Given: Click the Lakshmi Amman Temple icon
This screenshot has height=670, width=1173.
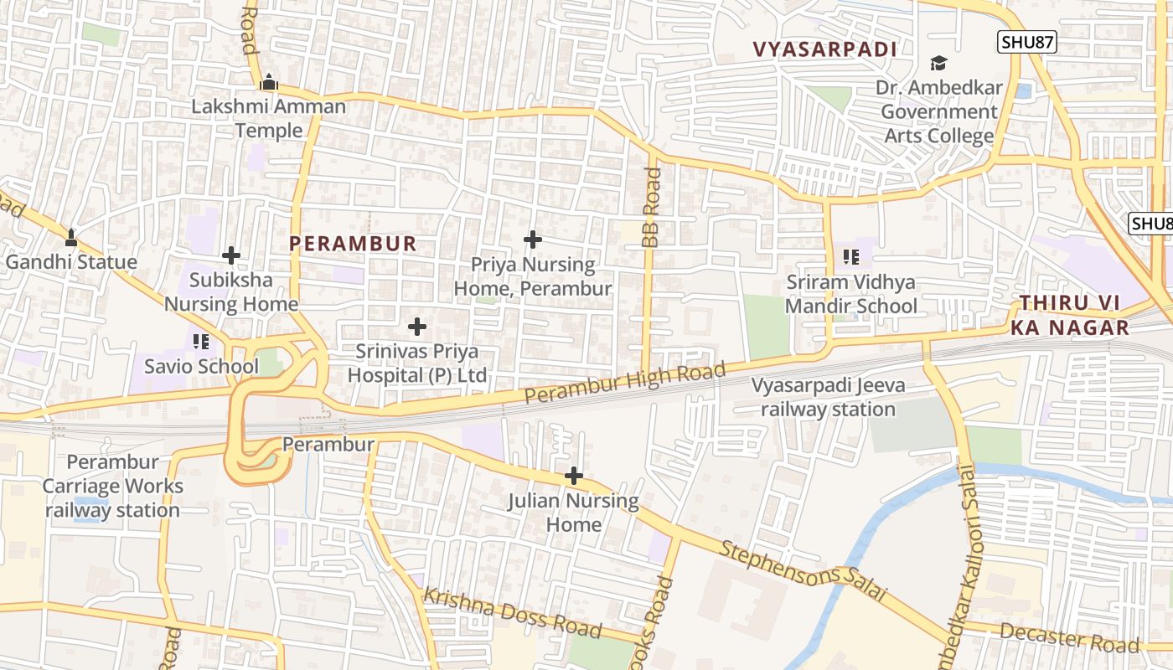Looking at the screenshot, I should tap(269, 82).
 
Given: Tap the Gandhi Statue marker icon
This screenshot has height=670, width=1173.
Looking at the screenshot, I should tap(71, 238).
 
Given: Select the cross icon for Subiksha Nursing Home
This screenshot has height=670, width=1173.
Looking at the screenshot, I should tap(231, 255).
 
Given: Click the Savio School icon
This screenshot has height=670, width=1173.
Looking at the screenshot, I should tap(200, 342).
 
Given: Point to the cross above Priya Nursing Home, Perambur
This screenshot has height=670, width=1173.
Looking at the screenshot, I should tap(532, 240).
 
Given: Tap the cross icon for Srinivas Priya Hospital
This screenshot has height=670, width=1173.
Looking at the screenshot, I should tap(416, 327).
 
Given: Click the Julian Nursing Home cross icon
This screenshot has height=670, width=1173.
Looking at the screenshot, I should tap(573, 477).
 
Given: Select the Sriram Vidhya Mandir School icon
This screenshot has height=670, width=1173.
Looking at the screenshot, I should tap(851, 257).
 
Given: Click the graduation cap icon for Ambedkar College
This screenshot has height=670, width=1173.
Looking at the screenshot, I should tap(938, 64).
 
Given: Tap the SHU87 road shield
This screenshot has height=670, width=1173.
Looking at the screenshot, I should tap(1027, 41).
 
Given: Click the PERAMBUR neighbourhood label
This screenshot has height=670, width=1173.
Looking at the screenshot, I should tap(353, 244).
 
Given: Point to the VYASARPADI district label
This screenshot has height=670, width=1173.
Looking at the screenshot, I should tap(825, 49).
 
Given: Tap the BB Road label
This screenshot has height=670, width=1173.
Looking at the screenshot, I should tap(652, 207).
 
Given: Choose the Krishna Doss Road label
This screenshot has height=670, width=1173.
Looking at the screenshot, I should tap(512, 613).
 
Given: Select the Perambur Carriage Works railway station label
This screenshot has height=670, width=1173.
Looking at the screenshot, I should tap(112, 486).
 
